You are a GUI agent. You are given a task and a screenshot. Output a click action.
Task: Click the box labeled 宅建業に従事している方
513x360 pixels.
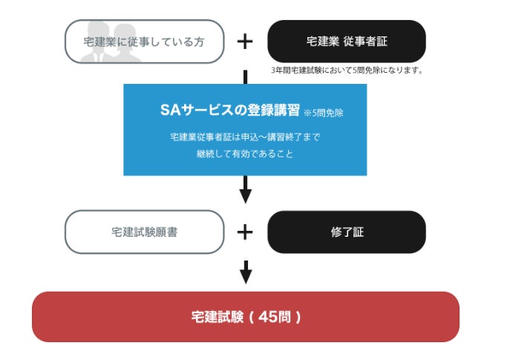[x=144, y=42]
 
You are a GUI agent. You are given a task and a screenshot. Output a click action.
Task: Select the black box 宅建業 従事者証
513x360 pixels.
[x=346, y=42]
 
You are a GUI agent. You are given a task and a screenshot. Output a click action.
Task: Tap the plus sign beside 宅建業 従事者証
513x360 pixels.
[x=245, y=42]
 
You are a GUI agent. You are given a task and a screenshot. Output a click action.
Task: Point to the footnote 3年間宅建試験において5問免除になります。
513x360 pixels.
[x=347, y=71]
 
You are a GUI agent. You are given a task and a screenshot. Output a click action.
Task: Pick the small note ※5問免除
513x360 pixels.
[x=324, y=113]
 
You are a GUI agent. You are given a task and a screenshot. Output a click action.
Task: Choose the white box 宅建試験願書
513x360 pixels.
[x=144, y=232]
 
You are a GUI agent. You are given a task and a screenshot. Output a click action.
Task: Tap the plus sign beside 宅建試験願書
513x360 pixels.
[x=245, y=232]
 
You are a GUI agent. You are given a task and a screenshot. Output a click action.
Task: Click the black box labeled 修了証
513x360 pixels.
[x=346, y=232]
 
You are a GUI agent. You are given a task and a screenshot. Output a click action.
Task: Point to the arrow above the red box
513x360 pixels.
[x=245, y=272]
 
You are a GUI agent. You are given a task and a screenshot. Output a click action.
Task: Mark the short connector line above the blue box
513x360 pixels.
[x=245, y=76]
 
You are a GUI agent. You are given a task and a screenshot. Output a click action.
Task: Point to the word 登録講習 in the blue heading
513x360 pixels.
[x=275, y=110]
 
